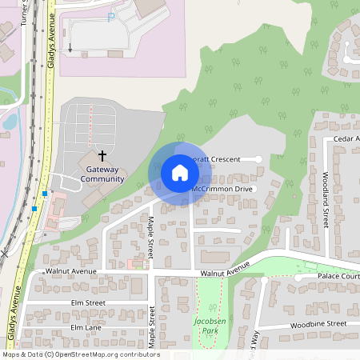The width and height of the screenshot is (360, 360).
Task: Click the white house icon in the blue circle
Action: point(180,172)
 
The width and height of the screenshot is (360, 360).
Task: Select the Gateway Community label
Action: point(102,174)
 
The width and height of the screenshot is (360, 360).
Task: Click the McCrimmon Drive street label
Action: point(222,189)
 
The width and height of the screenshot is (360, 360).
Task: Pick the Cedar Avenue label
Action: point(346,138)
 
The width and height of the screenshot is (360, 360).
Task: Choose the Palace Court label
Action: point(339,276)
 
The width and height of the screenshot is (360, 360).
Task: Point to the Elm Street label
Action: point(88,303)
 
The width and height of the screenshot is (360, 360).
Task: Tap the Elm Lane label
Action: point(86,327)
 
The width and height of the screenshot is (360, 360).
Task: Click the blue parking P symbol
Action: point(111,15)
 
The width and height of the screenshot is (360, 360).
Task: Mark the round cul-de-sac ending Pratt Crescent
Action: point(258,159)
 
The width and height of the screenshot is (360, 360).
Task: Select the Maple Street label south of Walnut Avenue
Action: point(151,325)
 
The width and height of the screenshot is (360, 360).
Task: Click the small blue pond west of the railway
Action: point(10,122)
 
